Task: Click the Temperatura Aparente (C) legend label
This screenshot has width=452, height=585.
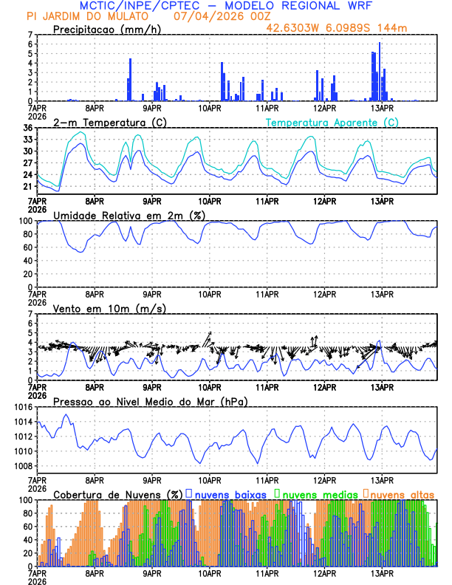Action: point(332,123)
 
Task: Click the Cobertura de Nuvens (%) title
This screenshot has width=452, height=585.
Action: point(118,494)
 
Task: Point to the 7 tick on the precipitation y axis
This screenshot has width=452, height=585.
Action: point(30,35)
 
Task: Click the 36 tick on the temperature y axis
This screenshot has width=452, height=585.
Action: point(27,128)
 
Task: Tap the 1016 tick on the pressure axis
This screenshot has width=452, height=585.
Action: point(24,407)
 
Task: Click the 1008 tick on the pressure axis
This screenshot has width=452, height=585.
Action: point(24,466)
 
